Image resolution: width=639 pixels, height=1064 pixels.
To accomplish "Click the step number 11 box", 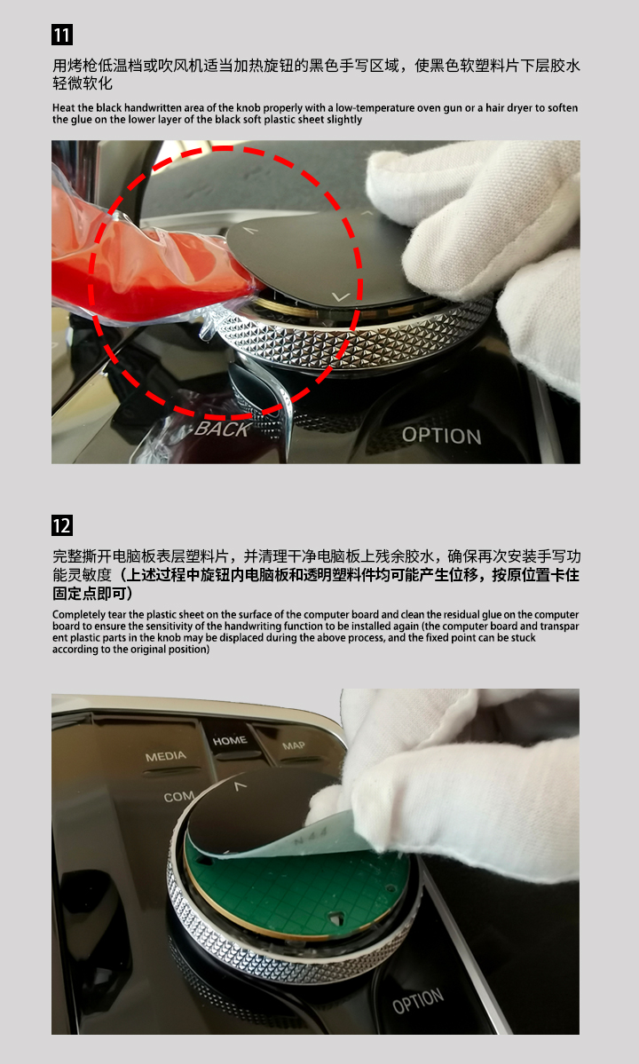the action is point(62,35).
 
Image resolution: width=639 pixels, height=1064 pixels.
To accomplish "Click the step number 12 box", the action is point(62,526).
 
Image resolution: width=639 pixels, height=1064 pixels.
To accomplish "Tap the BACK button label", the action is point(222,429).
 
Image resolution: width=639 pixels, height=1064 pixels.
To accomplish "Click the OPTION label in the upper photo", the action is point(442,435).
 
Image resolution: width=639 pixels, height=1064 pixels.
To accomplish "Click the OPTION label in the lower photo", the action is point(418,1002).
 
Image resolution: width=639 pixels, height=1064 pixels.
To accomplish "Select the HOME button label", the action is point(230,740).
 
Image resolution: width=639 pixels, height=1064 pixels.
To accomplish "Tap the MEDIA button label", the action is point(165,756).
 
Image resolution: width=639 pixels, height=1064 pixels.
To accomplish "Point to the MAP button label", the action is point(293,745).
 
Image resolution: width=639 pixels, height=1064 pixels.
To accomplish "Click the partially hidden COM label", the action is point(178,797).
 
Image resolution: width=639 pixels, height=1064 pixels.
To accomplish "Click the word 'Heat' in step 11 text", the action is point(64,108).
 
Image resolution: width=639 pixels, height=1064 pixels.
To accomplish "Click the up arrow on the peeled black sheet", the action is point(239,786).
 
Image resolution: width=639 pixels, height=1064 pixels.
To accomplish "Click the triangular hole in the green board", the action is point(335,916).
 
